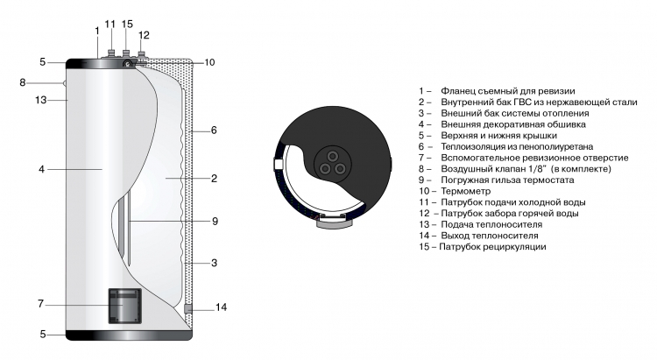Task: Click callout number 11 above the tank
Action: click(109, 25)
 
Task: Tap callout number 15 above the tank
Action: click(127, 24)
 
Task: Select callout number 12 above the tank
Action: click(144, 35)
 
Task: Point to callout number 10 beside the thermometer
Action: click(209, 62)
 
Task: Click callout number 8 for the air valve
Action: click(23, 82)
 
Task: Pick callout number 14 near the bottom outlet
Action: click(222, 307)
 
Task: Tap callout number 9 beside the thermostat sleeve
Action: click(215, 222)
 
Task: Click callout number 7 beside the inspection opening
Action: click(40, 303)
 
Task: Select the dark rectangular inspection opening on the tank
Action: click(125, 306)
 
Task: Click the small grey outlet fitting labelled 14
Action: click(188, 309)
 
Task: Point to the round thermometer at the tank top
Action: click(127, 64)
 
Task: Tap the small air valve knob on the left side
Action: click(65, 83)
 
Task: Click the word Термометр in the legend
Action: click(465, 192)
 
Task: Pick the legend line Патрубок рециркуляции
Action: click(492, 247)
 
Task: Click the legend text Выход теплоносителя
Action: click(490, 236)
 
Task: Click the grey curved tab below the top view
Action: click(334, 224)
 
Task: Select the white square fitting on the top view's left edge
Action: click(279, 163)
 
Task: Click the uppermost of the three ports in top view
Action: click(333, 156)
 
